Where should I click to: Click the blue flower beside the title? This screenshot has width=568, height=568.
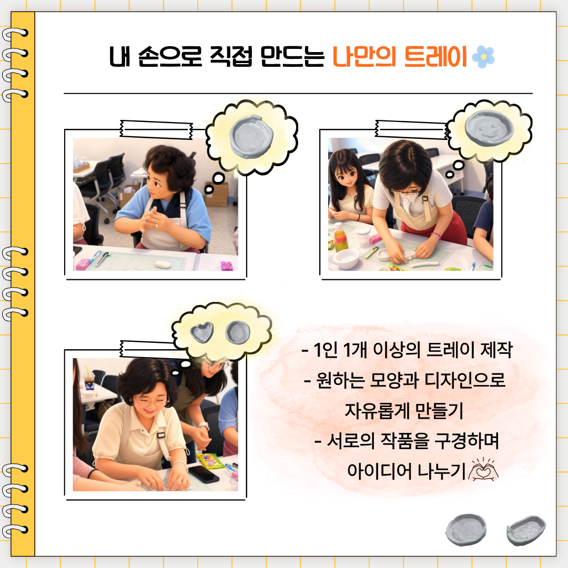coord(483,57)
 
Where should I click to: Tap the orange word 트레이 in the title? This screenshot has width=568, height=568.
coord(435,57)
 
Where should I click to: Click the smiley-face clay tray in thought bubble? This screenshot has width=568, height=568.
coord(489,128)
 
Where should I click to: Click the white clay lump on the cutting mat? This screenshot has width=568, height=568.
coord(163,265)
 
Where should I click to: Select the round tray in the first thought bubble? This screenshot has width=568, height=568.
coord(251,136)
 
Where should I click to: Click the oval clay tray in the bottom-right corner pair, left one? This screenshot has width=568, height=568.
coord(466,529)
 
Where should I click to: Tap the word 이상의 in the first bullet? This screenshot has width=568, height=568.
coord(397,350)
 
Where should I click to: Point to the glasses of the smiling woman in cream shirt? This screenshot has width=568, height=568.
coord(151,401)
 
